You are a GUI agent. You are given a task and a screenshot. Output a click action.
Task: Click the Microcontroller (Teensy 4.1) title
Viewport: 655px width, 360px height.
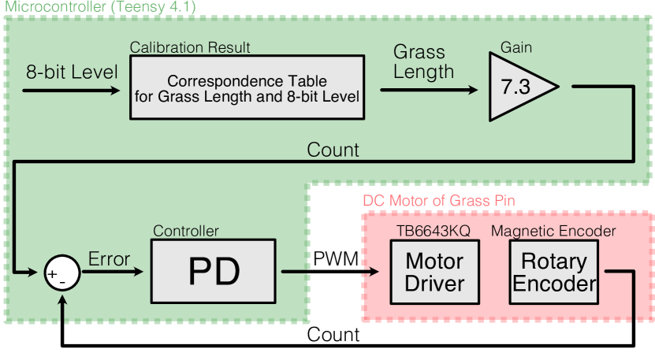[101, 7]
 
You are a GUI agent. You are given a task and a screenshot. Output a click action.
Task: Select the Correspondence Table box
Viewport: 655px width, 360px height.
[247, 89]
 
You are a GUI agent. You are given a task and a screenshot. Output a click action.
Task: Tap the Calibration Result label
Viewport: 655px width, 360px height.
[189, 48]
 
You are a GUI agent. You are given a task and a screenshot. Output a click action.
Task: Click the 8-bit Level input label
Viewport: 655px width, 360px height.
[71, 72]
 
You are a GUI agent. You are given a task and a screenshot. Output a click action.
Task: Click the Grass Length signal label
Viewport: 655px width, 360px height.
[423, 62]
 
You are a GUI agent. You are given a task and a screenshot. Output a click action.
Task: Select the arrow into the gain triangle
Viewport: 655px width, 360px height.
[430, 89]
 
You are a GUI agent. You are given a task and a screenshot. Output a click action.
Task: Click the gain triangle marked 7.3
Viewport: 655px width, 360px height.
[516, 87]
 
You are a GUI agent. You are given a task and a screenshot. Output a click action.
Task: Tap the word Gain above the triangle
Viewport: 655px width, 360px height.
[516, 47]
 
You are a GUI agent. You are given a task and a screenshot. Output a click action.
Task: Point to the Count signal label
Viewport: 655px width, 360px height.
[333, 150]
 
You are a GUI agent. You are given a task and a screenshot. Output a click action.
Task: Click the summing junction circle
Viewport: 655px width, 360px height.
[61, 275]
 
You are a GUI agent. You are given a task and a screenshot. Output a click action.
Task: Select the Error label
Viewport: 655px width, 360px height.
[110, 259]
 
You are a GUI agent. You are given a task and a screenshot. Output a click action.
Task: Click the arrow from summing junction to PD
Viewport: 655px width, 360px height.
[113, 273]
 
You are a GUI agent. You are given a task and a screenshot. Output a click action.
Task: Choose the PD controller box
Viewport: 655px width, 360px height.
[214, 273]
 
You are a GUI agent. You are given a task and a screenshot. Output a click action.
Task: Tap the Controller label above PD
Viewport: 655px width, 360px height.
[185, 231]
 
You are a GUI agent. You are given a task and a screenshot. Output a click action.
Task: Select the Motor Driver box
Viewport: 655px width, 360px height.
[434, 272]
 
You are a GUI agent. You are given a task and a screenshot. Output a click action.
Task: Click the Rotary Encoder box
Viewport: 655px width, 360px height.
[554, 272]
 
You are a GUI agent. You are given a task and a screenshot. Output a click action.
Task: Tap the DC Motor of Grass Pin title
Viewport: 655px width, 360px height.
[438, 200]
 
